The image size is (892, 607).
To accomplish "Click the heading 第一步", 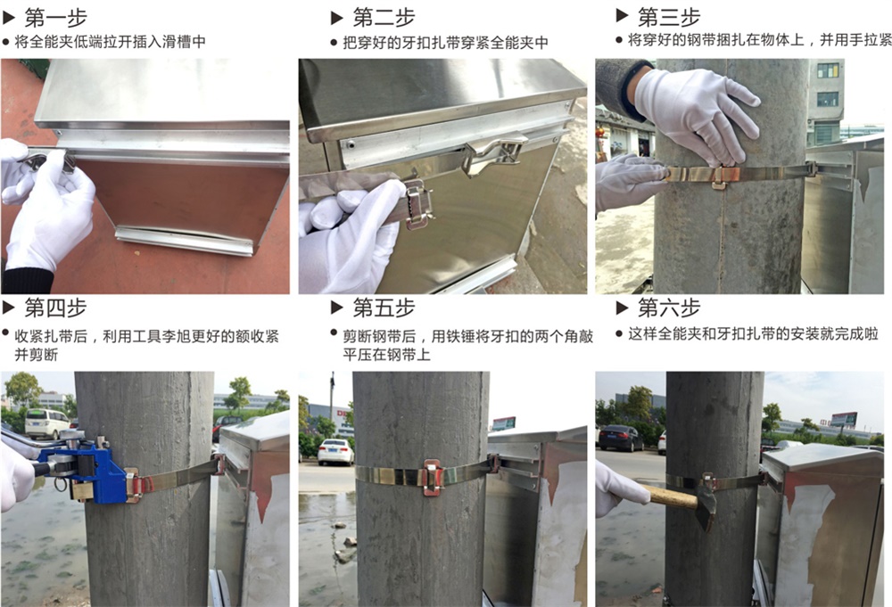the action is [55, 18].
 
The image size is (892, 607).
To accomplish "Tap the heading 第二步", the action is [384, 18].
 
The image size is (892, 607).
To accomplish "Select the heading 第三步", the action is [668, 17].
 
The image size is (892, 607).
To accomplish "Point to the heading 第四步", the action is [55, 308].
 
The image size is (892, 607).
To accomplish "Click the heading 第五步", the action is [384, 308].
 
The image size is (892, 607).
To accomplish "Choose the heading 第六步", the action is [668, 308].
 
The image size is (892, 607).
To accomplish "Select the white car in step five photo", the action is [335, 453].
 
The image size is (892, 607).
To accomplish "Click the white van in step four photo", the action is [47, 423].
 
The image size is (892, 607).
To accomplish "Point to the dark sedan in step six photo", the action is [621, 439].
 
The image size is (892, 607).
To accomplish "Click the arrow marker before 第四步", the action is [9, 308].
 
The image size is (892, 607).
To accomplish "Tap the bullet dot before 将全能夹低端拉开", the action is [5, 42].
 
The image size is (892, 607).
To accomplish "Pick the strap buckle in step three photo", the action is [718, 176].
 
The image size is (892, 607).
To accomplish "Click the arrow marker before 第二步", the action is [337, 18].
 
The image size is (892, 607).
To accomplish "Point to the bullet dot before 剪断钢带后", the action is [334, 332].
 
